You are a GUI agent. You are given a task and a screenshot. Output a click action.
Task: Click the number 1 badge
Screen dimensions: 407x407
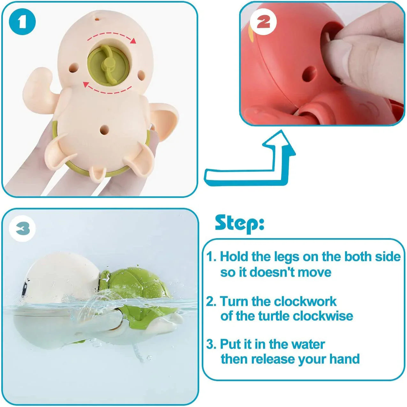[22, 22]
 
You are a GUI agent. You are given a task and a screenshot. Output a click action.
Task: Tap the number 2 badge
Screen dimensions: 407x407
[263, 22]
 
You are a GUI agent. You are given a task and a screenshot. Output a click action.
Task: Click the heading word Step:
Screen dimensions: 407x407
[239, 223]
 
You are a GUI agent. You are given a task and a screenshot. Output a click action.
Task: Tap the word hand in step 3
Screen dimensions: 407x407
[344, 359]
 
